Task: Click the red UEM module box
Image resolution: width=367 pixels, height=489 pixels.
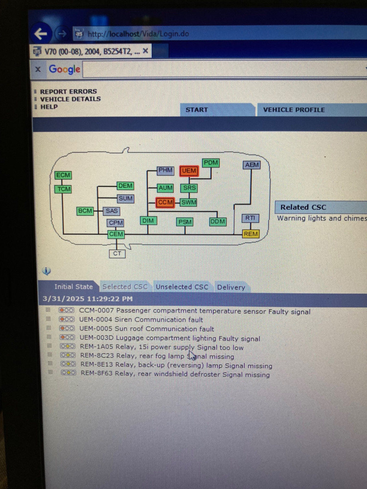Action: click(x=189, y=171)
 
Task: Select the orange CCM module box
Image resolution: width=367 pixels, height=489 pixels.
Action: click(x=165, y=202)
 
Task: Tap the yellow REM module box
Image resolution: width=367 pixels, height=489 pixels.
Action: click(x=250, y=234)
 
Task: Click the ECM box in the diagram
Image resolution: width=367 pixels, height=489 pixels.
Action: click(x=63, y=175)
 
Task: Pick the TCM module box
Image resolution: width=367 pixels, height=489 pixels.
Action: click(x=63, y=189)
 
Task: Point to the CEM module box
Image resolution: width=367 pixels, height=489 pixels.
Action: click(x=116, y=234)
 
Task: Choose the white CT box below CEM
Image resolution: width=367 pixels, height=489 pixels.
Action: click(x=117, y=253)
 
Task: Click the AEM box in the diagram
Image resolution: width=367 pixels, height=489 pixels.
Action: click(x=252, y=165)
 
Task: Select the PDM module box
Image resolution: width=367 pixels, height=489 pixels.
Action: click(x=211, y=163)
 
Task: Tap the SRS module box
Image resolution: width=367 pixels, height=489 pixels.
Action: click(x=189, y=188)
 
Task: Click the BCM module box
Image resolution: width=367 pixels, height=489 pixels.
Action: click(x=85, y=211)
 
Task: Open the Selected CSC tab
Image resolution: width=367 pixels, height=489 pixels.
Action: click(x=125, y=287)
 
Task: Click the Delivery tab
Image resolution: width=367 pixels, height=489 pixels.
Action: click(x=231, y=287)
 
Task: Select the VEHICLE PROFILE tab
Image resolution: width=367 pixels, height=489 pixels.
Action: click(x=294, y=110)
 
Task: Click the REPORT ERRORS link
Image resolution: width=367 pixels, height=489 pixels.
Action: click(x=68, y=91)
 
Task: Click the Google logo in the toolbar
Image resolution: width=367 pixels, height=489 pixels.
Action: click(x=64, y=69)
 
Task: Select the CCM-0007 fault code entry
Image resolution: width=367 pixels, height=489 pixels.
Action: click(x=195, y=312)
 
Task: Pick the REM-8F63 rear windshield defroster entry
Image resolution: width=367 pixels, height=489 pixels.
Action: click(x=175, y=374)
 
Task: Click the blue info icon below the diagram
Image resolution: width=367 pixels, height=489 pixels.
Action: click(x=46, y=271)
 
